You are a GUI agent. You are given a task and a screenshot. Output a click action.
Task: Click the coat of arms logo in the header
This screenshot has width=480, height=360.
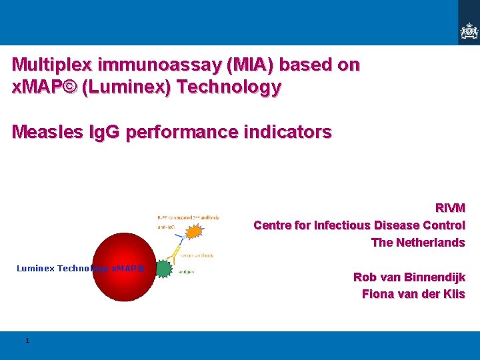(x=469, y=31)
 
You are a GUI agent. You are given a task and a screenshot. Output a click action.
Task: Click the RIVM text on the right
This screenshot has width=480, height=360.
(x=450, y=208)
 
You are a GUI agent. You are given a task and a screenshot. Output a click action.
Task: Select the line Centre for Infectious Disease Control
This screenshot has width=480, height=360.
(x=359, y=225)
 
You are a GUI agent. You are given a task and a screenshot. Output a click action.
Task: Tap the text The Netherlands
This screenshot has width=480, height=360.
(x=417, y=243)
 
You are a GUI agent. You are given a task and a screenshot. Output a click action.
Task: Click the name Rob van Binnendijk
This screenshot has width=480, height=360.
(x=409, y=277)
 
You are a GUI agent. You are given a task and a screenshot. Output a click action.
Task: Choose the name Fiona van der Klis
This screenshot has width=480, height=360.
(x=413, y=294)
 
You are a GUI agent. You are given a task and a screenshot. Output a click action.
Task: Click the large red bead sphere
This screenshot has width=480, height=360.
(x=123, y=267)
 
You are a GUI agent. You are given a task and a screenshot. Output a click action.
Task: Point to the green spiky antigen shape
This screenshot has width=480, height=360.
(x=163, y=269)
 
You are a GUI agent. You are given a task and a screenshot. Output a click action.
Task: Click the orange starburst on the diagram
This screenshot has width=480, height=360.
(x=193, y=233)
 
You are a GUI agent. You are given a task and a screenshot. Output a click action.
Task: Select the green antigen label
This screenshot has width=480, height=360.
(x=187, y=272)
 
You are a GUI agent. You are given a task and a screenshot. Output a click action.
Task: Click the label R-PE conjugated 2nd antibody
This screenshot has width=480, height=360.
(x=188, y=217)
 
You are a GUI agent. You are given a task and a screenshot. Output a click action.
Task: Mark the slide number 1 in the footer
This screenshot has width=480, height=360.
(x=27, y=341)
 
